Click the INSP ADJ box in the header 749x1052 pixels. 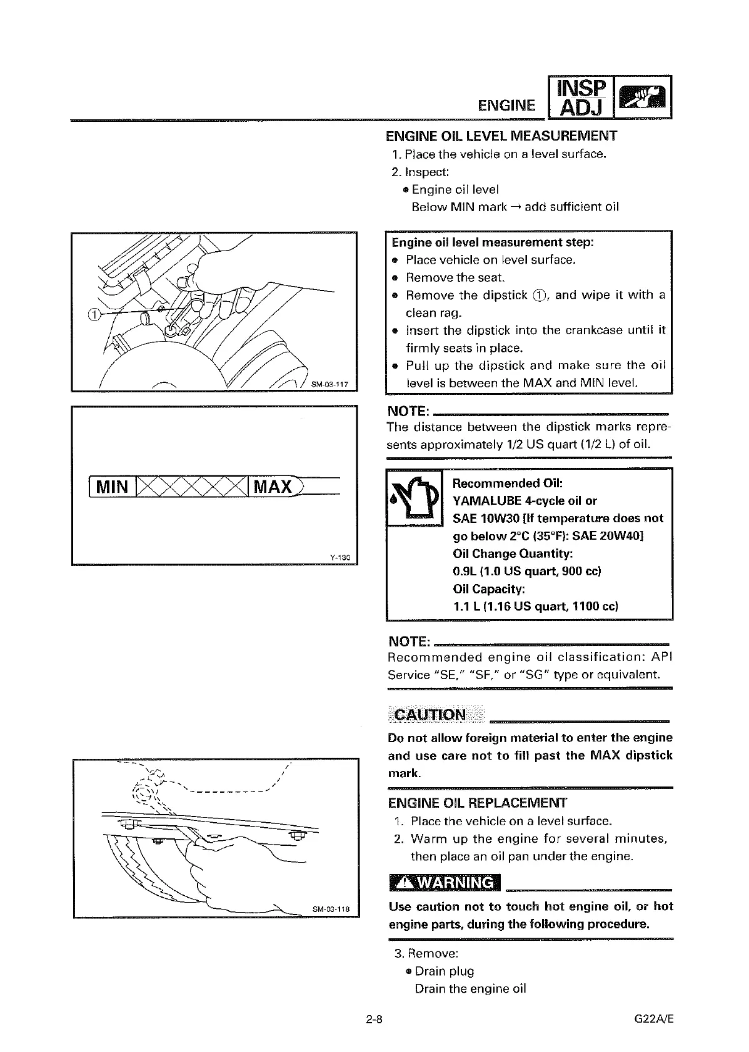581,97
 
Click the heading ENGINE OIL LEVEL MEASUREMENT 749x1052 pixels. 501,136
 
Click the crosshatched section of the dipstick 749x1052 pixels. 191,487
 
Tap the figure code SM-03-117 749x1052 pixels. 331,384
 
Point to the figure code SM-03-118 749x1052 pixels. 331,909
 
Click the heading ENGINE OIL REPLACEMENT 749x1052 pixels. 477,803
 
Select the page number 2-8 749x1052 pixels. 375,1020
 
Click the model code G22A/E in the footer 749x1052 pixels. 653,1020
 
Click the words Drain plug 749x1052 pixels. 444,971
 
